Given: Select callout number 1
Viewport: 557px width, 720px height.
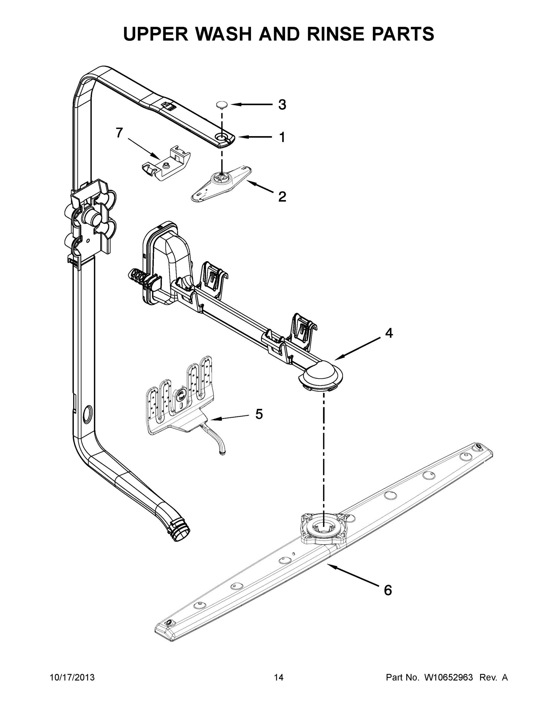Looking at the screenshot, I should tap(282, 137).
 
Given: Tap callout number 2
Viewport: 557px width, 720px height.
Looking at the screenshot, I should tap(282, 197).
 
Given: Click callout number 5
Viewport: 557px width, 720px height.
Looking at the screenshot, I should tap(259, 414).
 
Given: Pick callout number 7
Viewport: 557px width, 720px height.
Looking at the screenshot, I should tap(119, 133).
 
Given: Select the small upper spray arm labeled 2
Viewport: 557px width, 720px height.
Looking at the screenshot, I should tap(221, 183).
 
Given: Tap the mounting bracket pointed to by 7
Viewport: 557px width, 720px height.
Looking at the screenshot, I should tap(165, 164).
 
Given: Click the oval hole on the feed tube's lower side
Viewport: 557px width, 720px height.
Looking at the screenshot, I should tap(87, 415).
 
